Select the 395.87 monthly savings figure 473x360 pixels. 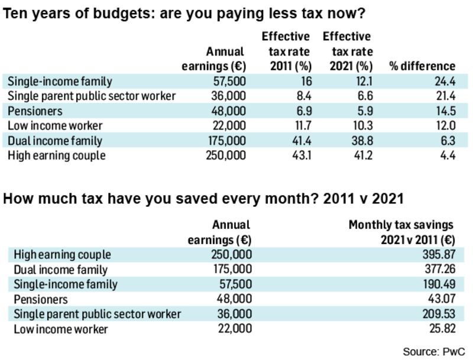[x=438, y=255]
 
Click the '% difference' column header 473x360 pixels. [x=422, y=66]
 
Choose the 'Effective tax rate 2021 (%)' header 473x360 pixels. [x=347, y=51]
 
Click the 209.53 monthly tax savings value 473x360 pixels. [x=437, y=314]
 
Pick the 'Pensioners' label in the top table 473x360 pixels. [x=35, y=111]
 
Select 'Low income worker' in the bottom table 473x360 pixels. [x=60, y=329]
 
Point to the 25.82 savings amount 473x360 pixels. [x=440, y=329]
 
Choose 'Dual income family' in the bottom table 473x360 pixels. [x=60, y=270]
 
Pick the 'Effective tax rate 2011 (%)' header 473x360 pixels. [x=286, y=51]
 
